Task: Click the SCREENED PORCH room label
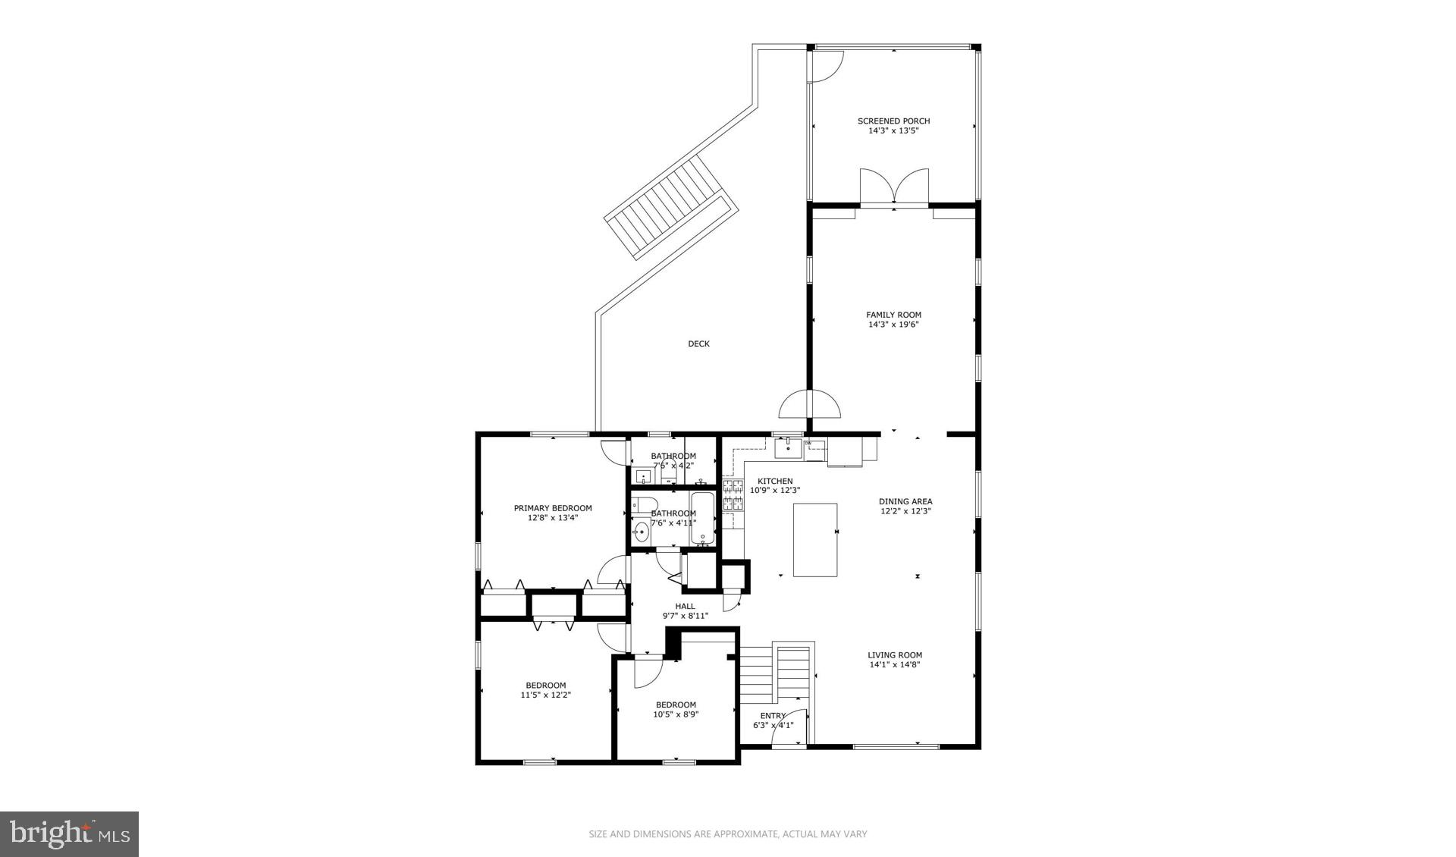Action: [893, 121]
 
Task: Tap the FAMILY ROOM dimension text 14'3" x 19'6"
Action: [893, 325]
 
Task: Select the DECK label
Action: [698, 344]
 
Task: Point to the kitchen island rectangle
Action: [815, 539]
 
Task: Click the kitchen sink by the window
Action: [788, 447]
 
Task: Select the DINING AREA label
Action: [905, 501]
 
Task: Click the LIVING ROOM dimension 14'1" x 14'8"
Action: [895, 665]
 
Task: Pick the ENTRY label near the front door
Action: [773, 716]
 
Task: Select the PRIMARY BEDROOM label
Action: [553, 508]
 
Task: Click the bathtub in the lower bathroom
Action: [702, 519]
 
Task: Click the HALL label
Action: [685, 606]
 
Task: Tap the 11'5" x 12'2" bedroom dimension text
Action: [545, 695]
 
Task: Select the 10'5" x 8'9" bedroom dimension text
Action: [676, 714]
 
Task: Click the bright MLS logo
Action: [69, 834]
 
